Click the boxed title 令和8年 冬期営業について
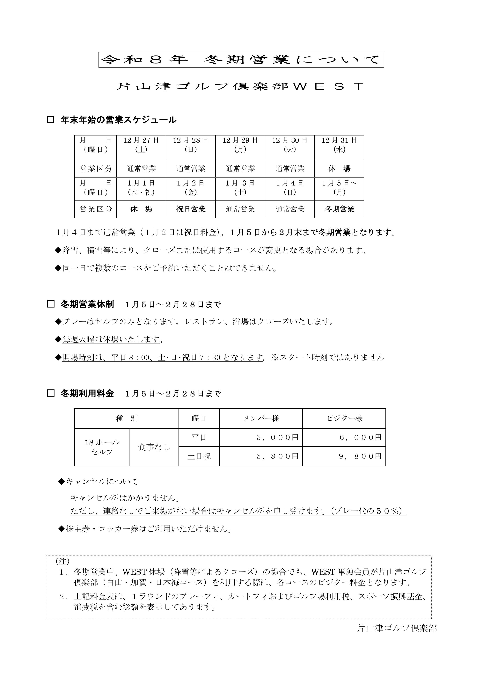pos(241,60)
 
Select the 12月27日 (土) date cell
pos(141,145)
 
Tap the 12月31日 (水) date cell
pos(339,145)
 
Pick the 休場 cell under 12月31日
pos(339,169)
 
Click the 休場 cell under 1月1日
pos(141,209)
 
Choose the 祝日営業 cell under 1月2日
pos(191,209)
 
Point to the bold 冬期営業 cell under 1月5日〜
pos(339,209)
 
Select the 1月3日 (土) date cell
pos(240,188)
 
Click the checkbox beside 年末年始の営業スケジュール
pos(51,120)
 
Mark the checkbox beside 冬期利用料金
pos(51,394)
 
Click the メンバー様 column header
pos(261,418)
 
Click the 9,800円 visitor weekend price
pos(360,456)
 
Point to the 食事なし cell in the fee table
pos(154,447)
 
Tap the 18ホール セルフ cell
pos(102,447)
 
